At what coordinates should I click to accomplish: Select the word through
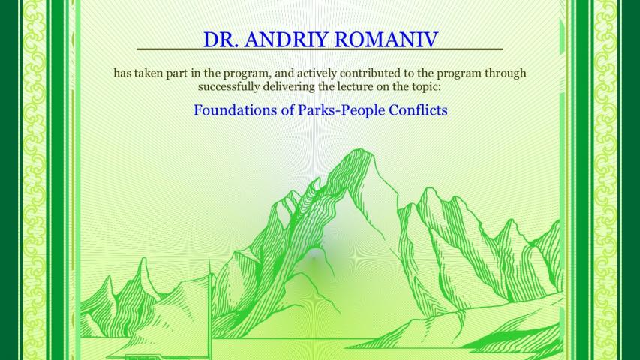point(505,74)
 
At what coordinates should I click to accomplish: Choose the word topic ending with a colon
point(429,87)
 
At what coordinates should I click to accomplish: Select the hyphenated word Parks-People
point(341,110)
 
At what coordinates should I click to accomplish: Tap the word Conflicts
point(419,109)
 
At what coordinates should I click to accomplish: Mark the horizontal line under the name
point(320,49)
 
